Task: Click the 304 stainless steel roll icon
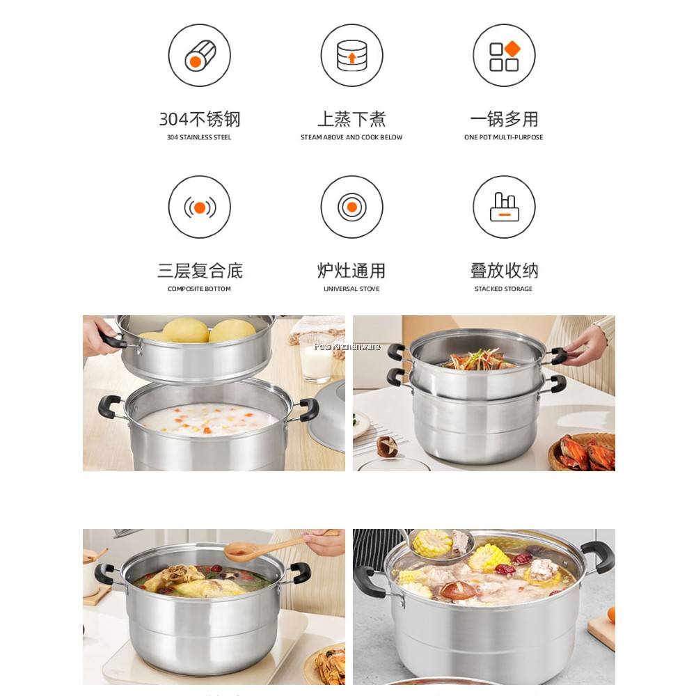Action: [200, 55]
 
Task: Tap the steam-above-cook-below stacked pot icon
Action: [351, 55]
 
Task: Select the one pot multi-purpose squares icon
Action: [504, 55]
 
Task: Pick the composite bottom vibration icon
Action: [200, 207]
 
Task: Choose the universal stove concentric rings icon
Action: [351, 207]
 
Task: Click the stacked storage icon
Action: [504, 207]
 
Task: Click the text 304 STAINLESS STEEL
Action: [199, 138]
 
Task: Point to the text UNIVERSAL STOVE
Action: [351, 289]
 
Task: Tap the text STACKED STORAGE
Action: [503, 289]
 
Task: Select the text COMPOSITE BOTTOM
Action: [199, 289]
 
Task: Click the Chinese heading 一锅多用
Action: [504, 119]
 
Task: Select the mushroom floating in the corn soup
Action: [457, 591]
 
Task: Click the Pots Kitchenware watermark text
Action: [347, 346]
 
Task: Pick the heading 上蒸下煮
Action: [351, 119]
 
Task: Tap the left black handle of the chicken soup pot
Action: [105, 574]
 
